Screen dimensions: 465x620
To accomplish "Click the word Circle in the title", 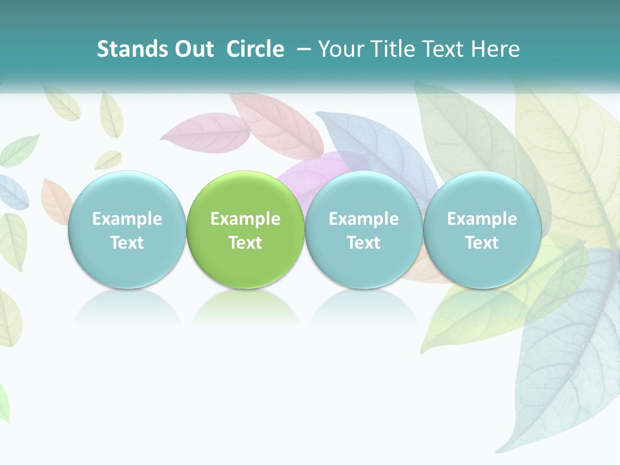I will pos(255,49).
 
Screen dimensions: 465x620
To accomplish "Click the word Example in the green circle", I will pos(245,219).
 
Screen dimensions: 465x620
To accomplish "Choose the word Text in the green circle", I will pos(245,243).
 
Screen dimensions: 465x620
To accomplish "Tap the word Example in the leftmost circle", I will pos(127,219).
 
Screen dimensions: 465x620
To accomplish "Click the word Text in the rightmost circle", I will pos(482,243).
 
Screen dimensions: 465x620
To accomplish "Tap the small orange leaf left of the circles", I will pos(54,200).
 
